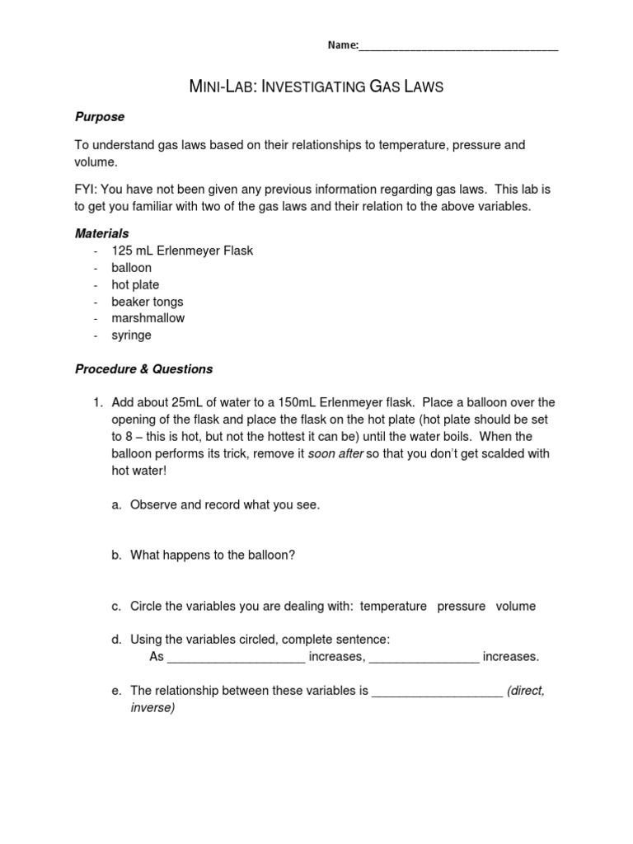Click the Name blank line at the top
458,48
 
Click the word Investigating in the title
301,87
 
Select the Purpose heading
99,117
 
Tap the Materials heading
101,234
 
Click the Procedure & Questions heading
143,368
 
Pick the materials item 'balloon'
132,268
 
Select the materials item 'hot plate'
135,284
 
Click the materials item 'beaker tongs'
148,302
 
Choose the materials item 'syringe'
132,335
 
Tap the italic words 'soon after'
335,453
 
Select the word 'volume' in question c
515,606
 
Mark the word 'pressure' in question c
461,606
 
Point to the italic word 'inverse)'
152,707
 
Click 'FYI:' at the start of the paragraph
87,190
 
